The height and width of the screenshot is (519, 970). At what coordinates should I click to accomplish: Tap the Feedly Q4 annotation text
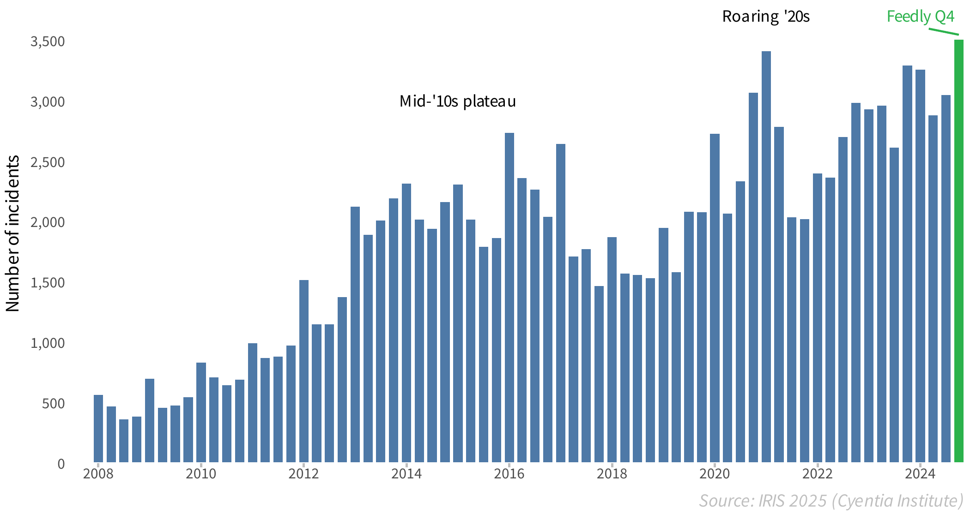920,17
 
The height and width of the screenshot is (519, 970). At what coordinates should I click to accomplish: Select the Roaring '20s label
766,17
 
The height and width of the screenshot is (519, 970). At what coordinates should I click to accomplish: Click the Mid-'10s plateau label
457,101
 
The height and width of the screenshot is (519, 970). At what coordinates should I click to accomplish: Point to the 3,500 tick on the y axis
48,42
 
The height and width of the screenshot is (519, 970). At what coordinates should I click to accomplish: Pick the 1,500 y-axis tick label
48,283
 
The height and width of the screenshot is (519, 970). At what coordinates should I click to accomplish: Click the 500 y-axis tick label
53,404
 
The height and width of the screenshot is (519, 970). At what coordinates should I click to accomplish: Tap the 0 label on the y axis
61,464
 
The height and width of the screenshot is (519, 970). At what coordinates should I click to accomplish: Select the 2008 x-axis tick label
98,474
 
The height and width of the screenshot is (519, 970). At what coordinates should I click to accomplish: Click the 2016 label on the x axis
509,474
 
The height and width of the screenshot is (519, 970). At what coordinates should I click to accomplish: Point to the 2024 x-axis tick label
920,474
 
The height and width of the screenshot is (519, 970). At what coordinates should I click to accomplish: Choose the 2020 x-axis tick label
715,474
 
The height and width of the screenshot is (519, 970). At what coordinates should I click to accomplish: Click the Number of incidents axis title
13,233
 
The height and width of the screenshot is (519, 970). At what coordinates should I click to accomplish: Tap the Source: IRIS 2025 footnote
831,501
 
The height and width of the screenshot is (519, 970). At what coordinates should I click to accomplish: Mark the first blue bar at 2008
98,429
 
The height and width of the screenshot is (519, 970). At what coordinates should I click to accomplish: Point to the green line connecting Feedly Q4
944,31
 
